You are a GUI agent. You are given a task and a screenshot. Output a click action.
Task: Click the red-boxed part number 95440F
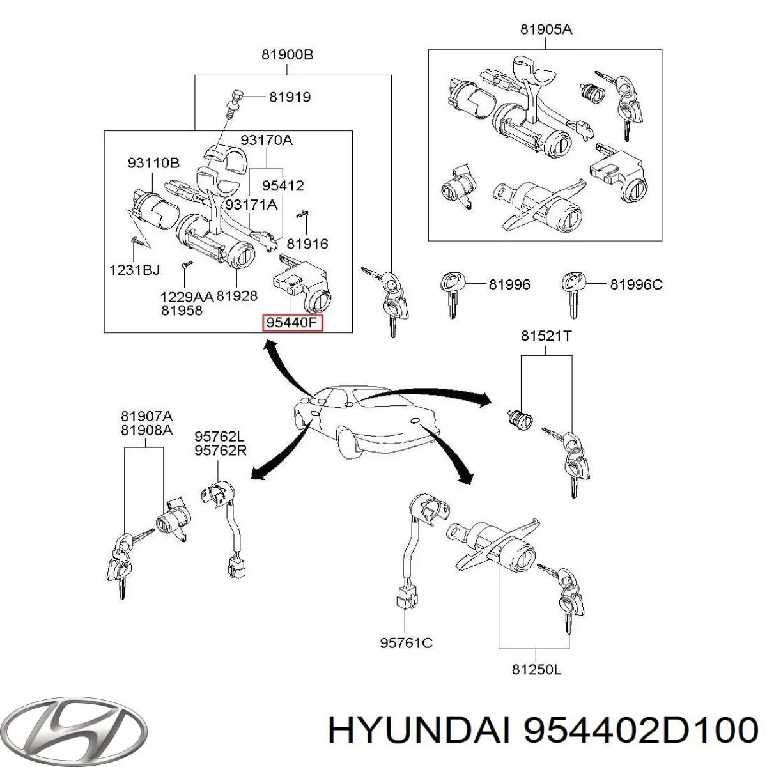(291, 323)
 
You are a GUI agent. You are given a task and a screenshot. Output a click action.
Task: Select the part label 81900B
(287, 54)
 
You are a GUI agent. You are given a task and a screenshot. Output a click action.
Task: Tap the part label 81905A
(546, 29)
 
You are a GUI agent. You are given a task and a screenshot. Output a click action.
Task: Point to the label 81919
(290, 97)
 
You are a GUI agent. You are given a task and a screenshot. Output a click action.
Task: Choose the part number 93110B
(153, 163)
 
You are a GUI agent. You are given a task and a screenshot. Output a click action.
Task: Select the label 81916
(307, 244)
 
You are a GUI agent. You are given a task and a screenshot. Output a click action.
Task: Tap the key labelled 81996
(453, 291)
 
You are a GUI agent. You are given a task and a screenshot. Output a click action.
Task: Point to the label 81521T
(546, 336)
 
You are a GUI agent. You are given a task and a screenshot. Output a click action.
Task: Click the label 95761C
(406, 643)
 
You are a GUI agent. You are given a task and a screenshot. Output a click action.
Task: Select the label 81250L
(536, 670)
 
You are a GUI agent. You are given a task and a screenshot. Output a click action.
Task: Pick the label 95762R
(219, 450)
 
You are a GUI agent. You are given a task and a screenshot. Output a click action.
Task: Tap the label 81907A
(146, 416)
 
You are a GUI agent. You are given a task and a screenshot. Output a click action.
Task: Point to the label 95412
(283, 186)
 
